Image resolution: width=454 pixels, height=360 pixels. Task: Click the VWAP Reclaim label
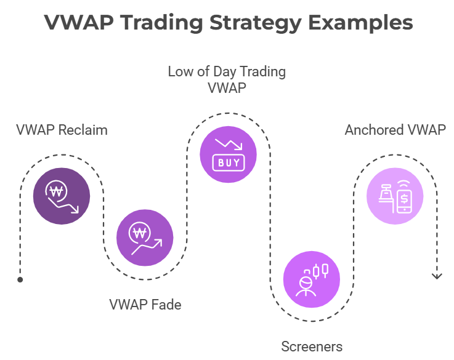[x=62, y=130]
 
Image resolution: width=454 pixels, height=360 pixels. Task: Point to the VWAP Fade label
[x=145, y=305]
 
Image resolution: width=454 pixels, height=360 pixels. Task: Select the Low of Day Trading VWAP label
[x=227, y=80]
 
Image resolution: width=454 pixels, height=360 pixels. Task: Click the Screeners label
[x=312, y=346]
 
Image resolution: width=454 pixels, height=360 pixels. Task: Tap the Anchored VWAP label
[x=395, y=130]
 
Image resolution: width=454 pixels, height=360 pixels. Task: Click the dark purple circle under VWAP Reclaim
[x=62, y=196]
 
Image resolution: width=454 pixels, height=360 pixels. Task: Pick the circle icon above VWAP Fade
[x=145, y=238]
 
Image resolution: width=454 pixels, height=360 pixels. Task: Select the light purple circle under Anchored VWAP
[x=395, y=196]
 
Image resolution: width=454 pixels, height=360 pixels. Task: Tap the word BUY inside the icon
[x=229, y=163]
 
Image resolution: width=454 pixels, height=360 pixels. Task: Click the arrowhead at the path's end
[x=437, y=276]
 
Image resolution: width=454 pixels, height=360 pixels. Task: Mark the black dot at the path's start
[x=20, y=279]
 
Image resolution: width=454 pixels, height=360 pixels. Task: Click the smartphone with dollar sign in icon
[x=404, y=198]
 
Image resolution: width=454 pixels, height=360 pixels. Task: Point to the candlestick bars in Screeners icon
[x=320, y=270]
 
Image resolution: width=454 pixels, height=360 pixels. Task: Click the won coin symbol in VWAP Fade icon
[x=139, y=233]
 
